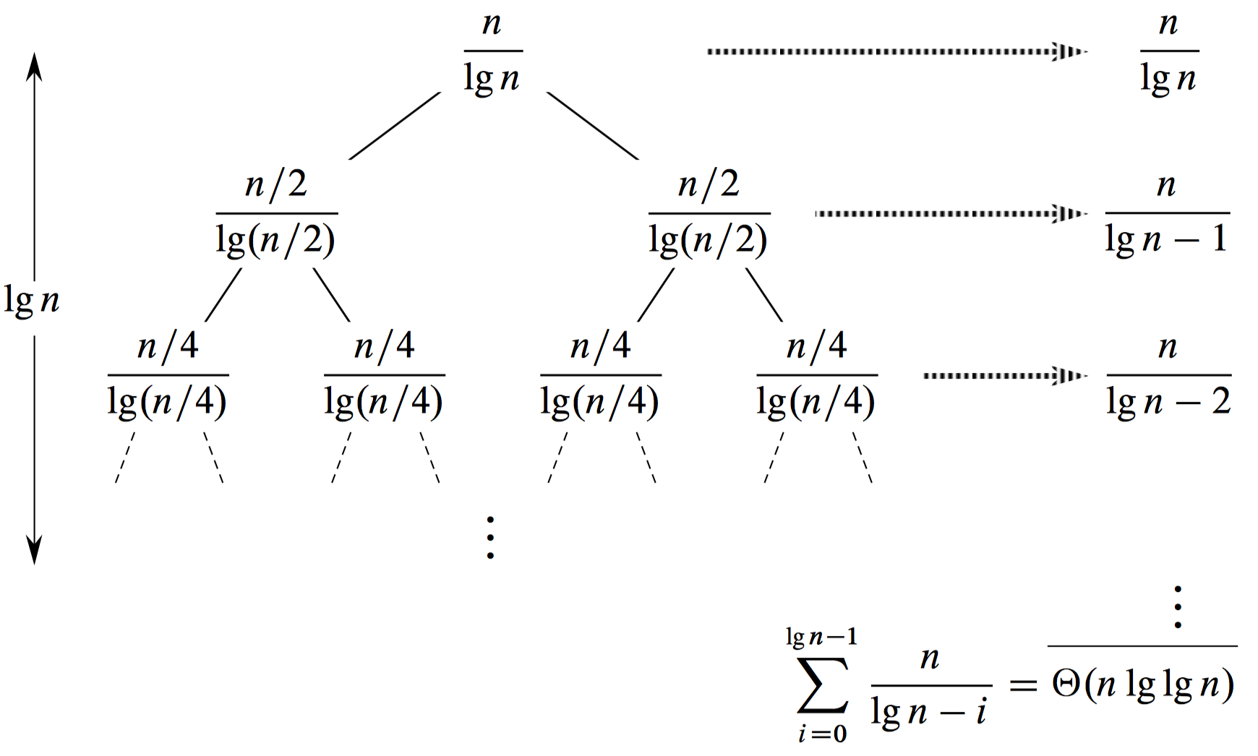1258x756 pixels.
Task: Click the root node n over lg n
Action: click(x=492, y=52)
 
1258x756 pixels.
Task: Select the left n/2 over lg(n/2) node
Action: click(x=276, y=214)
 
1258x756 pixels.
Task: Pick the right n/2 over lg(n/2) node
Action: click(x=709, y=214)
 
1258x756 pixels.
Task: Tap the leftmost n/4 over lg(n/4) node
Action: click(x=168, y=376)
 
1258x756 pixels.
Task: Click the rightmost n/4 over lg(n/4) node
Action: click(x=817, y=376)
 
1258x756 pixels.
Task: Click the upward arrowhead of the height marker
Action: click(x=34, y=66)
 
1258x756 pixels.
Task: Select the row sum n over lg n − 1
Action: click(x=1167, y=214)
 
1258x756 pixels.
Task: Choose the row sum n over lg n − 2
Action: click(x=1168, y=376)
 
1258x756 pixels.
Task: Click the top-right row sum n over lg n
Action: click(x=1169, y=52)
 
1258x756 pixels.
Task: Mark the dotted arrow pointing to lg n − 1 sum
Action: click(x=950, y=213)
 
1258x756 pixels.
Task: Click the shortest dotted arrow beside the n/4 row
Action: click(x=1005, y=375)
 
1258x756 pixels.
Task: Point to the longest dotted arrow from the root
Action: click(x=897, y=51)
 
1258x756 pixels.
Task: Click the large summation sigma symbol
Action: click(x=823, y=685)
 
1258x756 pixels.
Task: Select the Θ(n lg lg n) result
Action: click(x=1143, y=684)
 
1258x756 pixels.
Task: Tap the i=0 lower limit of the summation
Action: click(x=822, y=734)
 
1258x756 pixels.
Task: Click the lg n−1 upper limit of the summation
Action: click(x=821, y=637)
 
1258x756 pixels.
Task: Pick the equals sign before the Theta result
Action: click(x=1022, y=684)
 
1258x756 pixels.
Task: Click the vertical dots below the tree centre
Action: click(x=490, y=538)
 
